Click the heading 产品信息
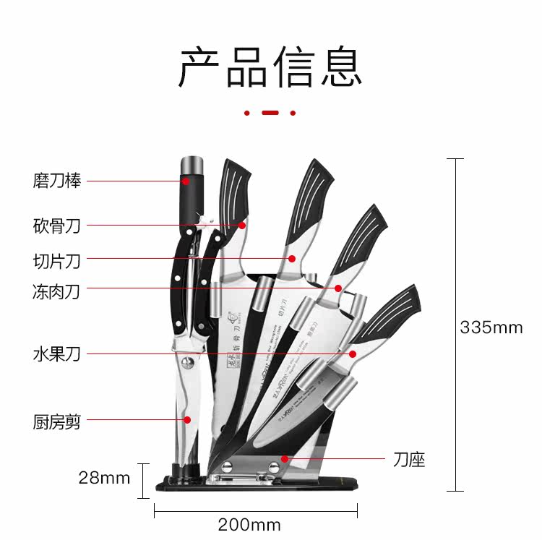(x=270, y=67)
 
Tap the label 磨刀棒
(x=56, y=181)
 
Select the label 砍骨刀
(x=56, y=226)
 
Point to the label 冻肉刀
(x=56, y=292)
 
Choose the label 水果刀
(x=56, y=354)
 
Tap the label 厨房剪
(x=56, y=421)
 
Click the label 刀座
(x=410, y=459)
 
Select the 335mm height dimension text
(x=491, y=327)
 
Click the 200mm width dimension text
(x=249, y=524)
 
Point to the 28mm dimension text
(x=104, y=478)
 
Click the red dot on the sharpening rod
(x=186, y=181)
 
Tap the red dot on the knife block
(x=285, y=458)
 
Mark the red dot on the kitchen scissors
(x=186, y=419)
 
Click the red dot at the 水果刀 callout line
(x=352, y=353)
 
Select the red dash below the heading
(x=270, y=113)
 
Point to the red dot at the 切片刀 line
(x=292, y=258)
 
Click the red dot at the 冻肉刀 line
(x=337, y=288)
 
